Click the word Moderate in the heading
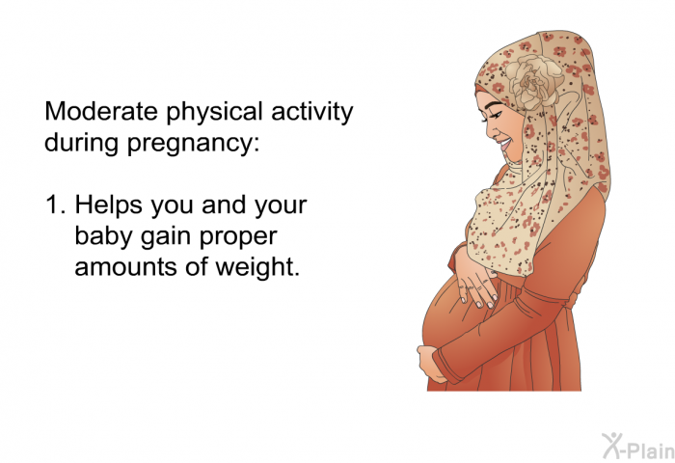point(101,111)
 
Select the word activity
point(312,113)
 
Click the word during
point(81,142)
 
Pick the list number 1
point(55,205)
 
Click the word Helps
point(108,206)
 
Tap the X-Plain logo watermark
point(638,447)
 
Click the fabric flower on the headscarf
point(534,81)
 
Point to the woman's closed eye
point(497,116)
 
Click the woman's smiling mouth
point(505,143)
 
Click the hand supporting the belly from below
point(430,364)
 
